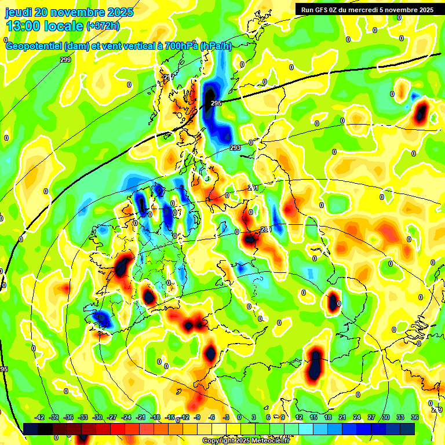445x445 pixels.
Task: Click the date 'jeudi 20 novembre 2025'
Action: [69, 12]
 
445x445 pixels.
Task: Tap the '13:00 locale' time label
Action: [45, 26]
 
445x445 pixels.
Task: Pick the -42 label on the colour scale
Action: [40, 417]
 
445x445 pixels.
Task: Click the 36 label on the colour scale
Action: [415, 417]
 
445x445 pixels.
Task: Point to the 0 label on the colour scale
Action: [239, 417]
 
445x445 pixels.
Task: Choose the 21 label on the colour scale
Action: [342, 417]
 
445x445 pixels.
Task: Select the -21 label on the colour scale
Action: [141, 417]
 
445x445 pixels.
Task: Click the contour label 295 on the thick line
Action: [216, 103]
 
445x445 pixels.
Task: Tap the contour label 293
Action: [235, 148]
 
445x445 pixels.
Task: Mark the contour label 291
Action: [253, 188]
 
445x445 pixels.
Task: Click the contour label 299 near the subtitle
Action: [65, 60]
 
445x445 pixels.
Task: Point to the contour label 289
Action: [266, 230]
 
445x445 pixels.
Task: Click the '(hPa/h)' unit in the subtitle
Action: [216, 47]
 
